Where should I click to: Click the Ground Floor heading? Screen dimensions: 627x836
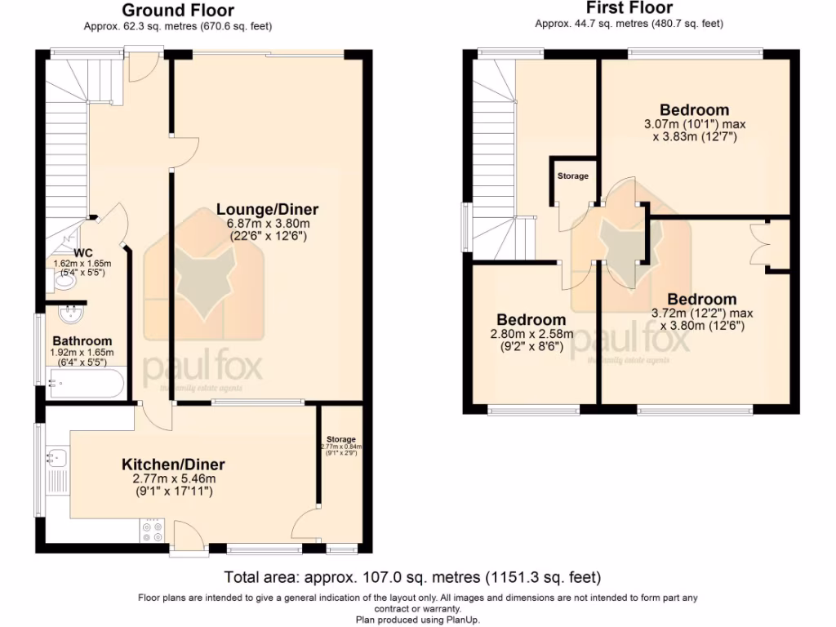(x=177, y=11)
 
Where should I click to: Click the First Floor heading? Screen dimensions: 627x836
(x=628, y=8)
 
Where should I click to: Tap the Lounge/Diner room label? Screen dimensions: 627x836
(x=267, y=209)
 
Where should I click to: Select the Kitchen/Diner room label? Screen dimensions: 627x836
(x=173, y=464)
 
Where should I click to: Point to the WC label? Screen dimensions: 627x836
(x=82, y=253)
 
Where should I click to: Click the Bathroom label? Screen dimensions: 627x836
(x=82, y=340)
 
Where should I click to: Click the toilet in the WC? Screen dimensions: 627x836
(x=64, y=282)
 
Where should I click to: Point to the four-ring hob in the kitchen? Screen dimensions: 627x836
(x=152, y=532)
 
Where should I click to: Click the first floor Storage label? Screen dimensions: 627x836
(x=572, y=176)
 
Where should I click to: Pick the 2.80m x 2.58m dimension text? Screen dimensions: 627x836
(x=531, y=333)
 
